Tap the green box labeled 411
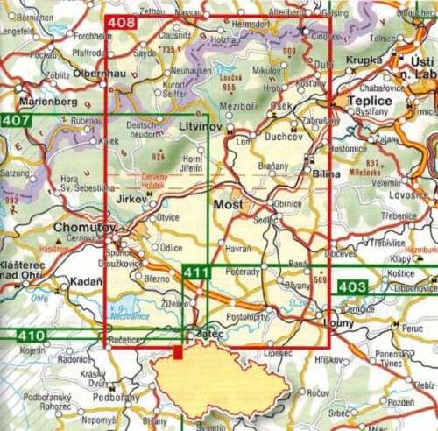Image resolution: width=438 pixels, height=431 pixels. click(197, 274)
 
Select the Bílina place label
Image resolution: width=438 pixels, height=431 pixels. click(326, 175)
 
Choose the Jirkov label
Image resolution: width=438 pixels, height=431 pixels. click(131, 201)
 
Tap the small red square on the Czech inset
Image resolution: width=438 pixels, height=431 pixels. click(178, 352)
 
